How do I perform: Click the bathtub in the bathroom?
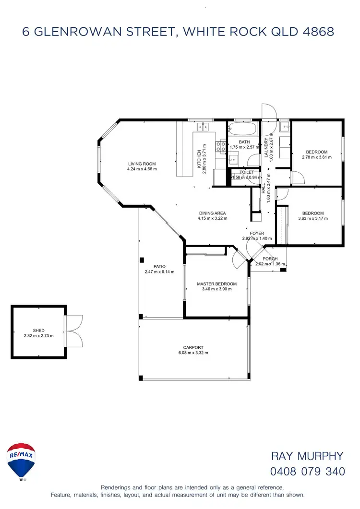tap(243, 130)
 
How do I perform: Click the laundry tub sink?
tap(284, 127)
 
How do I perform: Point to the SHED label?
tap(38, 331)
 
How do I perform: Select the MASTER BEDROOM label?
tap(216, 284)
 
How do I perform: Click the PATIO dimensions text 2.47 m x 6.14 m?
tap(159, 272)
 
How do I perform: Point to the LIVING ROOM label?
tap(142, 164)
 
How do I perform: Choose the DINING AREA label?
tap(212, 213)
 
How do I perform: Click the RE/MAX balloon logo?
tap(21, 461)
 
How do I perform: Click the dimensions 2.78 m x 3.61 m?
tap(316, 157)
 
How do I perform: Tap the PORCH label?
tap(270, 259)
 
